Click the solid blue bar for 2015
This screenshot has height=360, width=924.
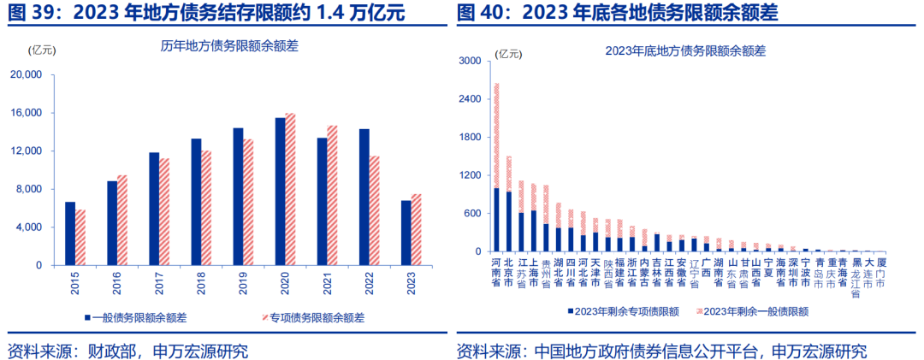tap(70, 233)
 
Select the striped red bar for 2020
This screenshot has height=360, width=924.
tap(290, 189)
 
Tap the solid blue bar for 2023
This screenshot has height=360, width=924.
tap(406, 233)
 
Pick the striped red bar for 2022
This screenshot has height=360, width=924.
tap(374, 210)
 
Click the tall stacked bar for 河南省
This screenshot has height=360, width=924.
tap(496, 171)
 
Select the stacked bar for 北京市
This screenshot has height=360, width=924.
tap(509, 205)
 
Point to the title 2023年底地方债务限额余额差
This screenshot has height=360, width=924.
tap(684, 50)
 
